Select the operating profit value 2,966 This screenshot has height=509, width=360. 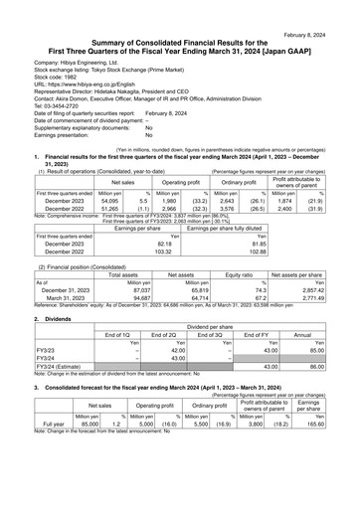click(x=169, y=209)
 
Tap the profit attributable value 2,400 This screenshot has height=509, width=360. click(x=281, y=209)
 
